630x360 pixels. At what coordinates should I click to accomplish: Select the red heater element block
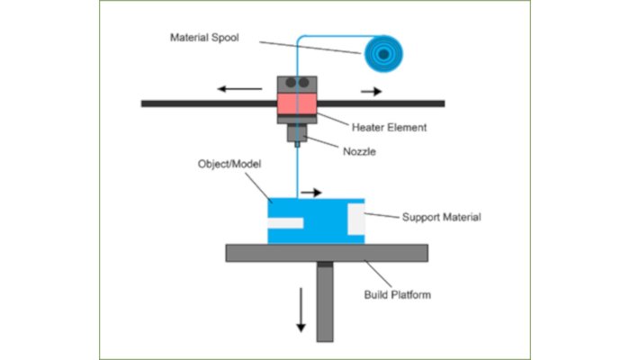297,105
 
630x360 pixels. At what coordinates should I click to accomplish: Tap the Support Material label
441,217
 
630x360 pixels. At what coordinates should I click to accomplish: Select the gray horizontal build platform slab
324,253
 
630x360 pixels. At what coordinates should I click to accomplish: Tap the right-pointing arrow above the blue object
311,192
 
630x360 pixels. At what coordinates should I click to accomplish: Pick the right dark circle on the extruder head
304,83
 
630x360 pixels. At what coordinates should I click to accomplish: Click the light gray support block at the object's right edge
357,219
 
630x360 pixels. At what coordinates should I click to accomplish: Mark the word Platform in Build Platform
412,295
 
